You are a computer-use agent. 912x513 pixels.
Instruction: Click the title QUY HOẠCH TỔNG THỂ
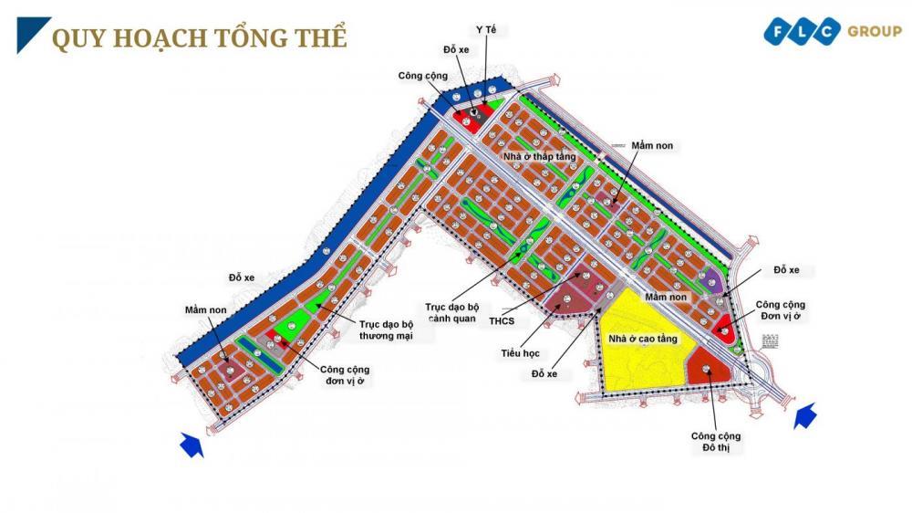[199, 38]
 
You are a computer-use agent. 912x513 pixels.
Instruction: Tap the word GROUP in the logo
[874, 32]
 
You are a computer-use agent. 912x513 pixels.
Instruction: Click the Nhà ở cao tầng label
[643, 339]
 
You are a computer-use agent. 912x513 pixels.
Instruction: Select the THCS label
[501, 320]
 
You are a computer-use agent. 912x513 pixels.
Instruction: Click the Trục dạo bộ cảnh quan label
[459, 312]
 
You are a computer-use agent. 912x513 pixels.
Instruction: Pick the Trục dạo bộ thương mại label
[385, 330]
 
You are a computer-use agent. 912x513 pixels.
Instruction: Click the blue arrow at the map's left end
[190, 445]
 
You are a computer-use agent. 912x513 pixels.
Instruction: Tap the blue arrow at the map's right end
[804, 416]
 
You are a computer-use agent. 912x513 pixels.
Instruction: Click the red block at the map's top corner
[472, 120]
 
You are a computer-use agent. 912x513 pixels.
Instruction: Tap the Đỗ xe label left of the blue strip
[244, 277]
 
